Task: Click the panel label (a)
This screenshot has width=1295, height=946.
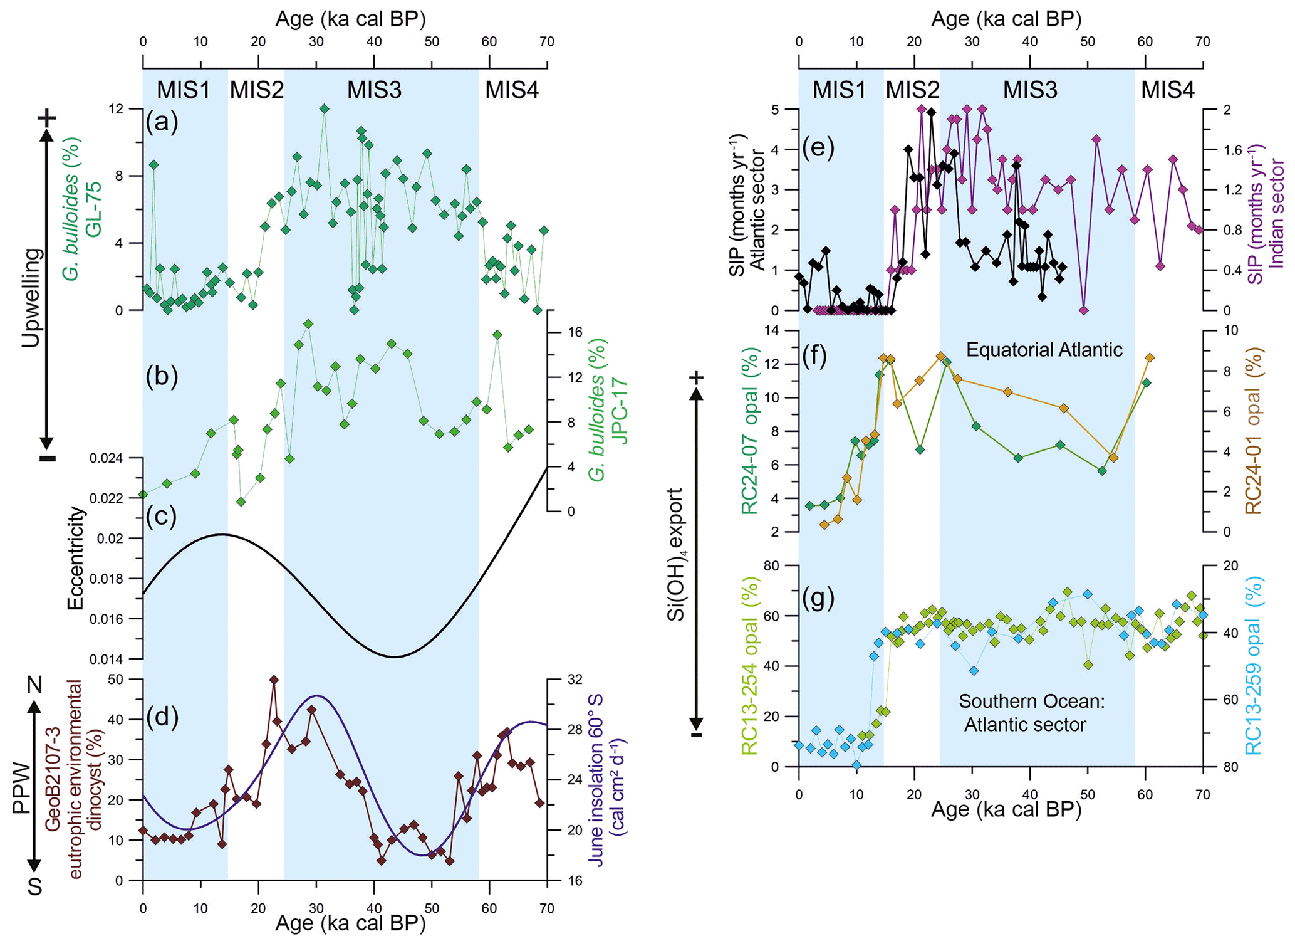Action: [162, 121]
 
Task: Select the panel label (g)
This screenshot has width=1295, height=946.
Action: [818, 599]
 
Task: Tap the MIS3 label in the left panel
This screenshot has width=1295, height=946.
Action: [374, 90]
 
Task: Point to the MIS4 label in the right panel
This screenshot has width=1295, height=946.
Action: [1167, 90]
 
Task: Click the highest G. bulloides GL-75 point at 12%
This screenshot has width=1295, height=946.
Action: [324, 108]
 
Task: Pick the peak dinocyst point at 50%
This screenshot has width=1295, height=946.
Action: [274, 680]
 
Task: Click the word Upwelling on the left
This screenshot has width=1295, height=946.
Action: [31, 297]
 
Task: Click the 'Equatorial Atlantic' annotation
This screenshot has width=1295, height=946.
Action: [1044, 349]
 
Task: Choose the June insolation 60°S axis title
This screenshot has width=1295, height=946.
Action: [606, 780]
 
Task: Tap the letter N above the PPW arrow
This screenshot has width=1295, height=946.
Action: [34, 685]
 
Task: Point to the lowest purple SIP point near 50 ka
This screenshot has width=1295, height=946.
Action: [1084, 310]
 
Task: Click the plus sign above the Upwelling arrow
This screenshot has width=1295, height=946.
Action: [47, 117]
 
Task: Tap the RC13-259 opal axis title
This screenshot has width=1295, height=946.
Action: [1252, 666]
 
